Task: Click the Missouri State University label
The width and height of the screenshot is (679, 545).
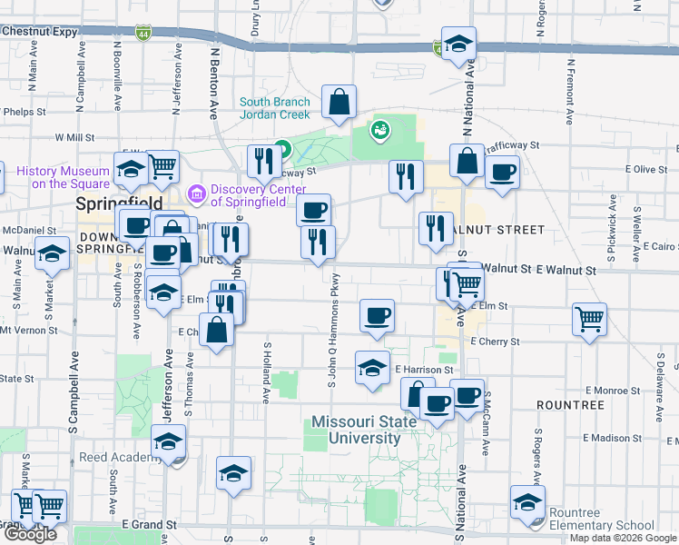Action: pos(355,430)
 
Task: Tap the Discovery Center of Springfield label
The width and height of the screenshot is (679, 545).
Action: pos(255,194)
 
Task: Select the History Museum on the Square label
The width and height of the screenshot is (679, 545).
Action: pos(57,176)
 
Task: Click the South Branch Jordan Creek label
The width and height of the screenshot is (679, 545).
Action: pos(275,108)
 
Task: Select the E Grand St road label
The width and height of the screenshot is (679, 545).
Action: pos(149,525)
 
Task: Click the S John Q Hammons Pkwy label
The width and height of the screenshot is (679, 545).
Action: pos(332,328)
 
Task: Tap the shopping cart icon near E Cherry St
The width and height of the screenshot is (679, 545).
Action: pos(589,320)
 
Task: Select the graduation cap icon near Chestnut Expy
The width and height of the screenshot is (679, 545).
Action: pos(458,44)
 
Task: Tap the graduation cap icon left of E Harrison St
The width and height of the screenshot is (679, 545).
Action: pos(372,368)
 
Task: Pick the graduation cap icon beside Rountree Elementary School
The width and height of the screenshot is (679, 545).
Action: pos(527,502)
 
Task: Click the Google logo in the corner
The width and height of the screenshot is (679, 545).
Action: pos(30,534)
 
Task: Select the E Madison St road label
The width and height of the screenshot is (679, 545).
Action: pos(614,438)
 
